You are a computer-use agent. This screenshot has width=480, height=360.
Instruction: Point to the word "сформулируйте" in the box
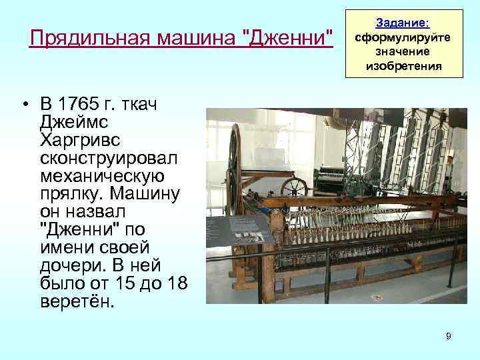point(403,37)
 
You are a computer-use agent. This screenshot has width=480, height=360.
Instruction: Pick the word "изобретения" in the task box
point(403,65)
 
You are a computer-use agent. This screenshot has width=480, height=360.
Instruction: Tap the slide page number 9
point(449,336)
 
